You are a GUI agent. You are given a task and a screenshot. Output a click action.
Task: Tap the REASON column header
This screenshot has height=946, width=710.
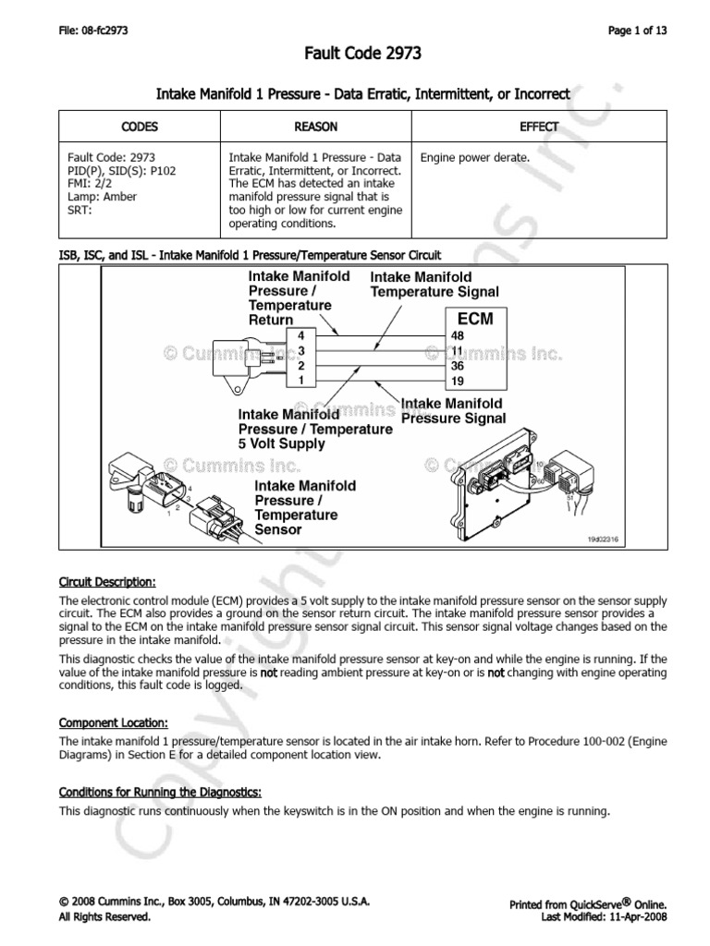pyautogui.click(x=317, y=127)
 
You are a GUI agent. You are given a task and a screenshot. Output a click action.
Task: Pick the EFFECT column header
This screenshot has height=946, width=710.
pyautogui.click(x=547, y=127)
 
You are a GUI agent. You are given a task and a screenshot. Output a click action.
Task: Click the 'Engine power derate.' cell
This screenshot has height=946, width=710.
pyautogui.click(x=475, y=158)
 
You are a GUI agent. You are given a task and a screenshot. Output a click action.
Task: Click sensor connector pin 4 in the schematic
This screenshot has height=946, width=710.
pyautogui.click(x=300, y=335)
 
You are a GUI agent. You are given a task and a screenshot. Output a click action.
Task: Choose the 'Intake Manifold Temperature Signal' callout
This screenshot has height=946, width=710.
pyautogui.click(x=435, y=285)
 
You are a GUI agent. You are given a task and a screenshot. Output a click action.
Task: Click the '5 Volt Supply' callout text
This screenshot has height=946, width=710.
pyautogui.click(x=281, y=443)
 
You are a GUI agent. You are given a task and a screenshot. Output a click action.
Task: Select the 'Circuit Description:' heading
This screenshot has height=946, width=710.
pyautogui.click(x=107, y=582)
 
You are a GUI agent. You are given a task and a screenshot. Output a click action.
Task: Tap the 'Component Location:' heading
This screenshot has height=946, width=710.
pyautogui.click(x=113, y=723)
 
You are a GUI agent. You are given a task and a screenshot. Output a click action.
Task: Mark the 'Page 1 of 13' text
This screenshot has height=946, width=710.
pyautogui.click(x=637, y=30)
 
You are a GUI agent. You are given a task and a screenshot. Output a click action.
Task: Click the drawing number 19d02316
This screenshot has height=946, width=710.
pyautogui.click(x=604, y=539)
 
